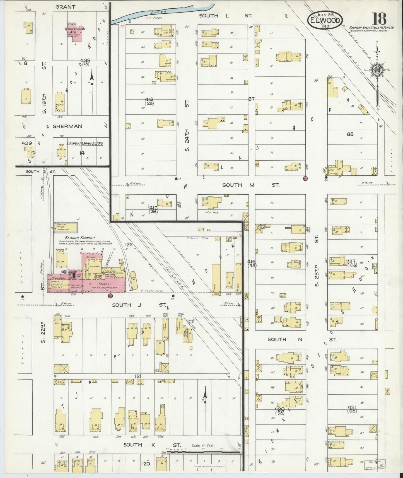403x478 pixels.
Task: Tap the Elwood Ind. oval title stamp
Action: pyautogui.click(x=325, y=20)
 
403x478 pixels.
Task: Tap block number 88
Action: pyautogui.click(x=350, y=134)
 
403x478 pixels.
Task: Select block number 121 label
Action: pyautogui.click(x=137, y=376)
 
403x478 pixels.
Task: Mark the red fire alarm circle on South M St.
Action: pyautogui.click(x=305, y=178)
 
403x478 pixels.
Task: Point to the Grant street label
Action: pyautogui.click(x=65, y=7)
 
